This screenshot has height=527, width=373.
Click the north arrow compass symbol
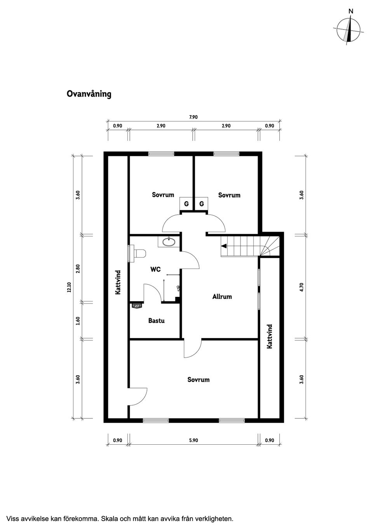click(x=349, y=30)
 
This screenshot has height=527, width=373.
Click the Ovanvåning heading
click(x=89, y=94)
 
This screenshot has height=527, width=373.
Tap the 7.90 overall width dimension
click(x=193, y=117)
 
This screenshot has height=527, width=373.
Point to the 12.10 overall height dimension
click(x=69, y=287)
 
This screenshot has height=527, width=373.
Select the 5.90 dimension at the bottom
click(x=193, y=440)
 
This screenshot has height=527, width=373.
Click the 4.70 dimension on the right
click(x=301, y=287)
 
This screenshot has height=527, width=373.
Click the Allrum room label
click(x=222, y=296)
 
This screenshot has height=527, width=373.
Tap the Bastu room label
click(x=156, y=321)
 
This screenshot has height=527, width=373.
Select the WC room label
click(x=155, y=269)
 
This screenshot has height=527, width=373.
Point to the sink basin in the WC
click(x=169, y=242)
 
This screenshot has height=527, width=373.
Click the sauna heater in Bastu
click(x=137, y=306)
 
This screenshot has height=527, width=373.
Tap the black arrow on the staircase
click(x=224, y=245)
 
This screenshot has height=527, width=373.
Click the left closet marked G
click(x=186, y=204)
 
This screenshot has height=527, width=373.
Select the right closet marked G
click(x=201, y=204)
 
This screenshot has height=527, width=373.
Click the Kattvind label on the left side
click(x=118, y=282)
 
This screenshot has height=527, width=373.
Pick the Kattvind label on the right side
click(x=270, y=336)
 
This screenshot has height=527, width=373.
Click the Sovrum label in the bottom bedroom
click(x=198, y=380)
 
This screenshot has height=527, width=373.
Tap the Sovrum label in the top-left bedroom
click(x=163, y=195)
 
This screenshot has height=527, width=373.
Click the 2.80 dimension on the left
click(x=78, y=269)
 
